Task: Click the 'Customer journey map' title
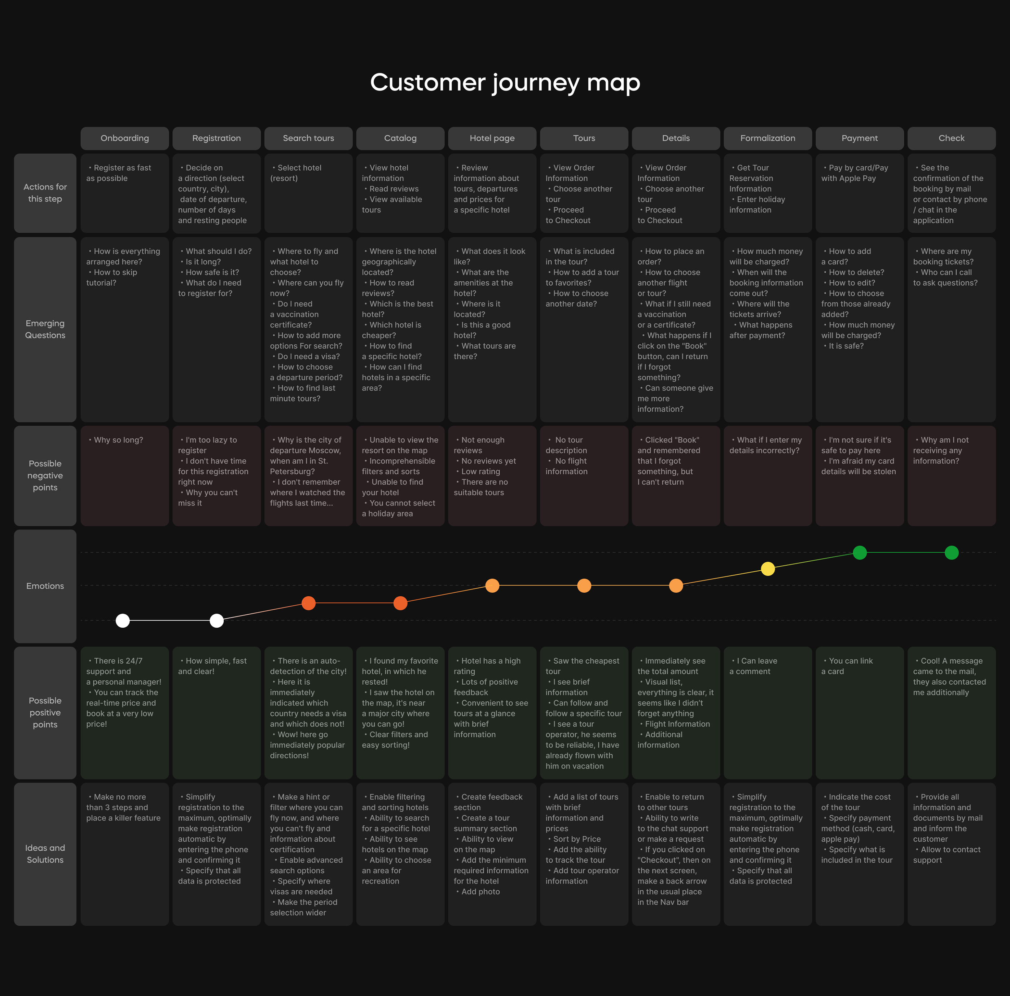coord(505,83)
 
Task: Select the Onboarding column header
coord(124,138)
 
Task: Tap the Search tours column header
coord(308,138)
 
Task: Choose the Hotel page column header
coord(492,138)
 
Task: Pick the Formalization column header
coord(768,138)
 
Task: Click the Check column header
coord(952,138)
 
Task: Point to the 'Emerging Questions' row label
coord(45,329)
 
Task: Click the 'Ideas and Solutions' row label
coord(45,854)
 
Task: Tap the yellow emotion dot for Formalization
coord(768,569)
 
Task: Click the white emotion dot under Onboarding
coord(122,620)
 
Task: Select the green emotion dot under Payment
coord(860,553)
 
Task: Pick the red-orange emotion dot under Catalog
coord(400,604)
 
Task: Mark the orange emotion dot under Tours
coord(584,585)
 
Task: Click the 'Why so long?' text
coord(118,440)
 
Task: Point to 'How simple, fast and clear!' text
coord(212,666)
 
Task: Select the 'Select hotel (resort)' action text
coord(296,173)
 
